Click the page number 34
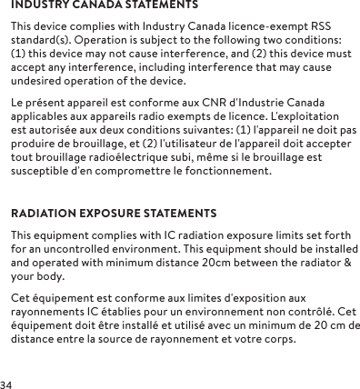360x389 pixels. point(7,383)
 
